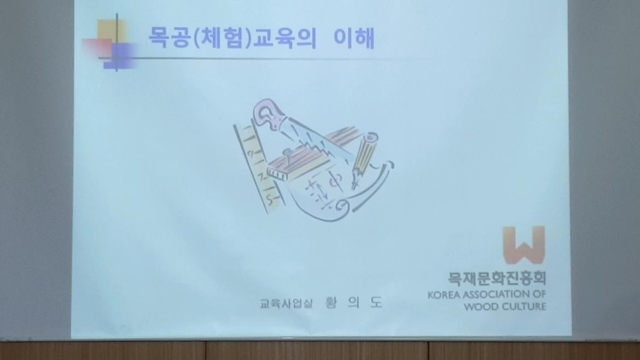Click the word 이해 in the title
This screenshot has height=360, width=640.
tap(354, 38)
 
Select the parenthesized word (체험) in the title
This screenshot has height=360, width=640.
tap(221, 38)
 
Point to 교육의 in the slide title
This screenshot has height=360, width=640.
tap(285, 38)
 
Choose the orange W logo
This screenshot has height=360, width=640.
tap(524, 245)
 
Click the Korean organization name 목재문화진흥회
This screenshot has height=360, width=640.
tap(497, 278)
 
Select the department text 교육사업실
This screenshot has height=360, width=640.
tap(286, 304)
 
